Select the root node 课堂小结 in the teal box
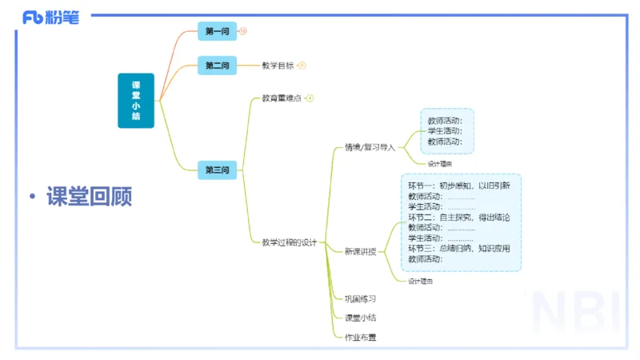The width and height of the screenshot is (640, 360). tap(136, 101)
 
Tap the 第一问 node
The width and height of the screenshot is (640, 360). tap(218, 31)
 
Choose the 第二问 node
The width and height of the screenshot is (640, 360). tap(218, 66)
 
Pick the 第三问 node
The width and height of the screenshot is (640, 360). tap(218, 170)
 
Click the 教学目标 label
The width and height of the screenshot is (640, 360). tap(278, 66)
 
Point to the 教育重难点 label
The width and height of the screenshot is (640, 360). tap(282, 98)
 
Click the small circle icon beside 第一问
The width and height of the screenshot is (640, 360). tap(243, 31)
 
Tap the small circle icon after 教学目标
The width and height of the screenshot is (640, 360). tap(302, 66)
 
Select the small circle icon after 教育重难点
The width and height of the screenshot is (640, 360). tap(310, 98)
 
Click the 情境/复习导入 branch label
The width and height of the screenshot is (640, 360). tap(370, 147)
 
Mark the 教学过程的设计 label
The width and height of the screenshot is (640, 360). tap(290, 242)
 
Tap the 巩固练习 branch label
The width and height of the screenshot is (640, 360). tap(360, 298)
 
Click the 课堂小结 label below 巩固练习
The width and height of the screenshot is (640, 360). tap(360, 318)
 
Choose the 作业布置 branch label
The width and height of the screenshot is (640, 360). tap(360, 337)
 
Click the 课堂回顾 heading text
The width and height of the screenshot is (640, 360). tap(89, 197)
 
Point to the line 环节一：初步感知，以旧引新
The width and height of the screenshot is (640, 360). tap(458, 186)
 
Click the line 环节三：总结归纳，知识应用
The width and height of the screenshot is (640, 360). tap(458, 248)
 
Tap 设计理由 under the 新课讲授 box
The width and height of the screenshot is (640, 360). tap(421, 282)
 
